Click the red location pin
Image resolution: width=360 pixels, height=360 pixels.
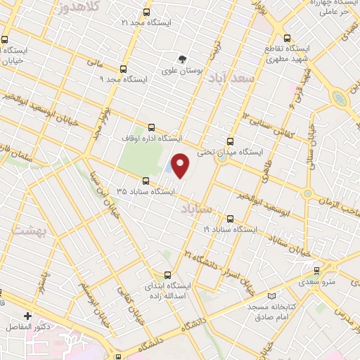coord(181,165)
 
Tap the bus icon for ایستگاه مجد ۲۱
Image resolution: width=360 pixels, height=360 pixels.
coord(146,13)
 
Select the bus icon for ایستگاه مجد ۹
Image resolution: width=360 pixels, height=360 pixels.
coord(124,69)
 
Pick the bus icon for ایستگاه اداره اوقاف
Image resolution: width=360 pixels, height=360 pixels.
coord(151,128)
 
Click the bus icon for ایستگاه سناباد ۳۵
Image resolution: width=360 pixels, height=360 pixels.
coord(146,180)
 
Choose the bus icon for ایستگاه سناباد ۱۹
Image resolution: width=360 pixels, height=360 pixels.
coord(231,219)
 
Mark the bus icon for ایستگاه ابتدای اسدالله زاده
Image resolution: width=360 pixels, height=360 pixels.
coord(167,275)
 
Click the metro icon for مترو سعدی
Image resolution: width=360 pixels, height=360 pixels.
coord(316,270)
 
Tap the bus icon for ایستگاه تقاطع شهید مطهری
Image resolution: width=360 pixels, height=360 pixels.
coord(287,38)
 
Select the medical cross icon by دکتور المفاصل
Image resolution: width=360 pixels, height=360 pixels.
coord(28,316)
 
